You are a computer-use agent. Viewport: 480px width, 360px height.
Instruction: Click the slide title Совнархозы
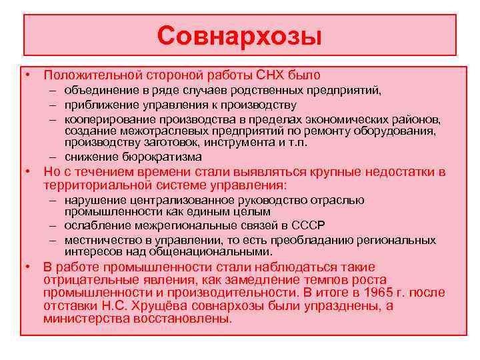tap(239, 35)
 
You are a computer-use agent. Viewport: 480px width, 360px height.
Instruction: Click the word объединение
tap(99, 91)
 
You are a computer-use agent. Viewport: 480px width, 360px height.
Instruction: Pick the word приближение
tap(99, 105)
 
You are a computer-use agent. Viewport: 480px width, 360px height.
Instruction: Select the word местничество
tap(102, 240)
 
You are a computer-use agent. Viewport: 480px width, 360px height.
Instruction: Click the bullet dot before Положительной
tap(29, 75)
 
